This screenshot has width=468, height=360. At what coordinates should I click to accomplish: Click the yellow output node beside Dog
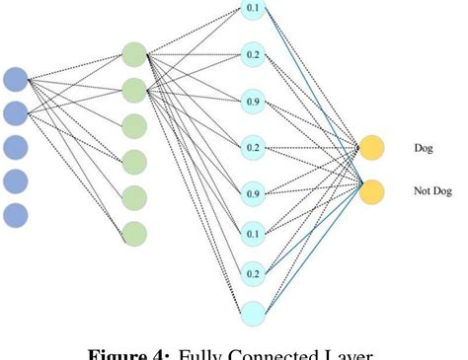click(x=372, y=149)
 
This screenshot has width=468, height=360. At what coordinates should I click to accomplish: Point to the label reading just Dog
click(x=423, y=149)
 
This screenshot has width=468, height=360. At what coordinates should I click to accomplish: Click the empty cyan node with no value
click(x=254, y=314)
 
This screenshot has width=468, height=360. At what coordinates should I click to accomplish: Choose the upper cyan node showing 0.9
click(x=254, y=101)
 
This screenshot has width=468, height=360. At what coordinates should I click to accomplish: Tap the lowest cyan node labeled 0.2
click(x=254, y=272)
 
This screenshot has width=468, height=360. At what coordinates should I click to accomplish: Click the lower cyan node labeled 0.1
click(x=254, y=233)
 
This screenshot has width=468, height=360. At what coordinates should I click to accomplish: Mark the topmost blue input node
click(x=15, y=79)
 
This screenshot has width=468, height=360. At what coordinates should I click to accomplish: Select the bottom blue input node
click(x=15, y=215)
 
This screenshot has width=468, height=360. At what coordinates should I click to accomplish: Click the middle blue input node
click(x=15, y=147)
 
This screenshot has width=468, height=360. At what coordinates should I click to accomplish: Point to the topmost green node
click(x=134, y=55)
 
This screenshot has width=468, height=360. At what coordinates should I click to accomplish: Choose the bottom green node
click(x=134, y=234)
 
